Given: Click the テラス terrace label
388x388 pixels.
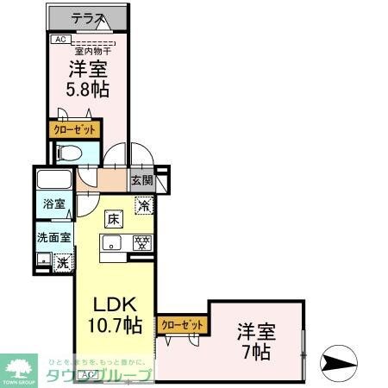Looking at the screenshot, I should pos(86,16).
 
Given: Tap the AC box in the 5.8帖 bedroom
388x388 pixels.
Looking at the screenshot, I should pos(60,39).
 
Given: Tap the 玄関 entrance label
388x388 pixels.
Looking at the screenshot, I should pos(141,181).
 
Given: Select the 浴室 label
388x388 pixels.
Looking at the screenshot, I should pos(53,204).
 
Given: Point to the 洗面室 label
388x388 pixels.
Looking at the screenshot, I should pos(53,236).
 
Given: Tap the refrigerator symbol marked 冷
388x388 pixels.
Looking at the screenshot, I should pos(144,206).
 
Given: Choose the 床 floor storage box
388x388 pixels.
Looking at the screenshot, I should pos(114,220).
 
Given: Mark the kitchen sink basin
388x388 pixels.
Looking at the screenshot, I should pos(113,243).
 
